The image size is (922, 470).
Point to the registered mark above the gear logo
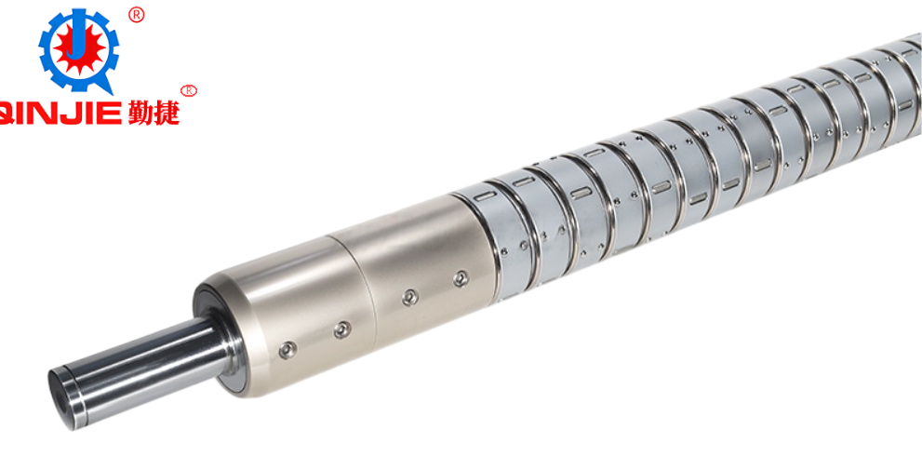(x=136, y=15)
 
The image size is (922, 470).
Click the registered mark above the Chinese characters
(x=188, y=90)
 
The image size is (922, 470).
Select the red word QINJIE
(x=60, y=112)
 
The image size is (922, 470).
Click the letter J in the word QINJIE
(x=67, y=112)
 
